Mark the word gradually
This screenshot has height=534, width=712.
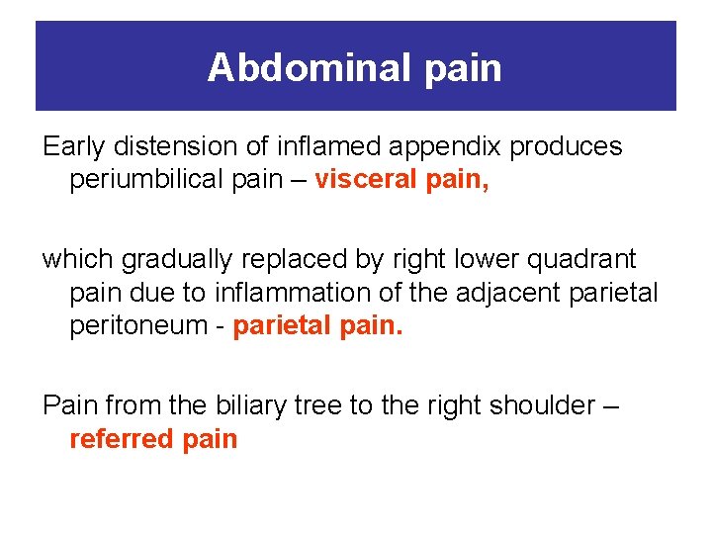[182, 260]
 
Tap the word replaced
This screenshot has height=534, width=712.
[302, 260]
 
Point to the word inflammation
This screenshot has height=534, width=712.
[270, 294]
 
